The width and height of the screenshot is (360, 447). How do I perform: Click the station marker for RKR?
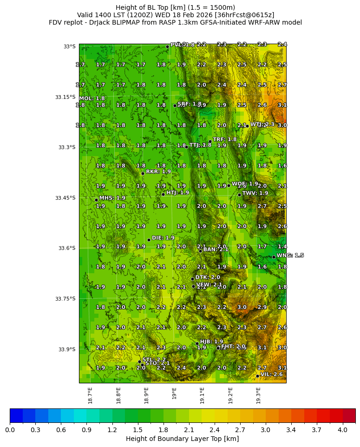click(x=143, y=173)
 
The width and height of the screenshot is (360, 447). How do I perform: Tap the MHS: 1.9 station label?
click(x=112, y=198)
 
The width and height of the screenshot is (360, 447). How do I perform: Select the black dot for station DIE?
click(x=149, y=240)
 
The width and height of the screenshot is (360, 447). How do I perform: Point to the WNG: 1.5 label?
click(x=290, y=256)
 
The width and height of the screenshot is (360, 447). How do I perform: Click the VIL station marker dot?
click(x=257, y=376)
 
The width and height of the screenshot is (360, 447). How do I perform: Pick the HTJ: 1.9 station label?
click(x=177, y=192)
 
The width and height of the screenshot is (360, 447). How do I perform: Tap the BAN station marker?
click(x=200, y=251)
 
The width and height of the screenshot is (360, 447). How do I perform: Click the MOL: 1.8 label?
click(x=92, y=99)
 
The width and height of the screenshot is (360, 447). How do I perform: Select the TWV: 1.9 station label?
click(x=255, y=193)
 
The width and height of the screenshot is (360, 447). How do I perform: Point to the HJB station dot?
click(x=197, y=343)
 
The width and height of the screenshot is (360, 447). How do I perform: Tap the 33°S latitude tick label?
click(x=69, y=46)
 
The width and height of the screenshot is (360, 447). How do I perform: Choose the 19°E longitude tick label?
click(x=174, y=393)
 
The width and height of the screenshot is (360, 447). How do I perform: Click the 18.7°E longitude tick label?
click(x=91, y=395)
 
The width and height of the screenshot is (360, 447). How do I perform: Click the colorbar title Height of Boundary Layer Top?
click(x=182, y=439)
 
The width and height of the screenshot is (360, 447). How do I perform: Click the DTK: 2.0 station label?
click(x=208, y=277)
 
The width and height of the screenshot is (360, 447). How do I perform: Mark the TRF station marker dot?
click(x=210, y=141)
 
